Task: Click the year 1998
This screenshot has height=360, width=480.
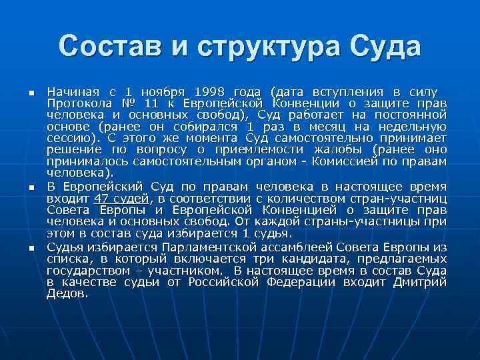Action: click(210, 91)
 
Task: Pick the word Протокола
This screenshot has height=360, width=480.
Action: click(79, 103)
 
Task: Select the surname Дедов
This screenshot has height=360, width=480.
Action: click(67, 293)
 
